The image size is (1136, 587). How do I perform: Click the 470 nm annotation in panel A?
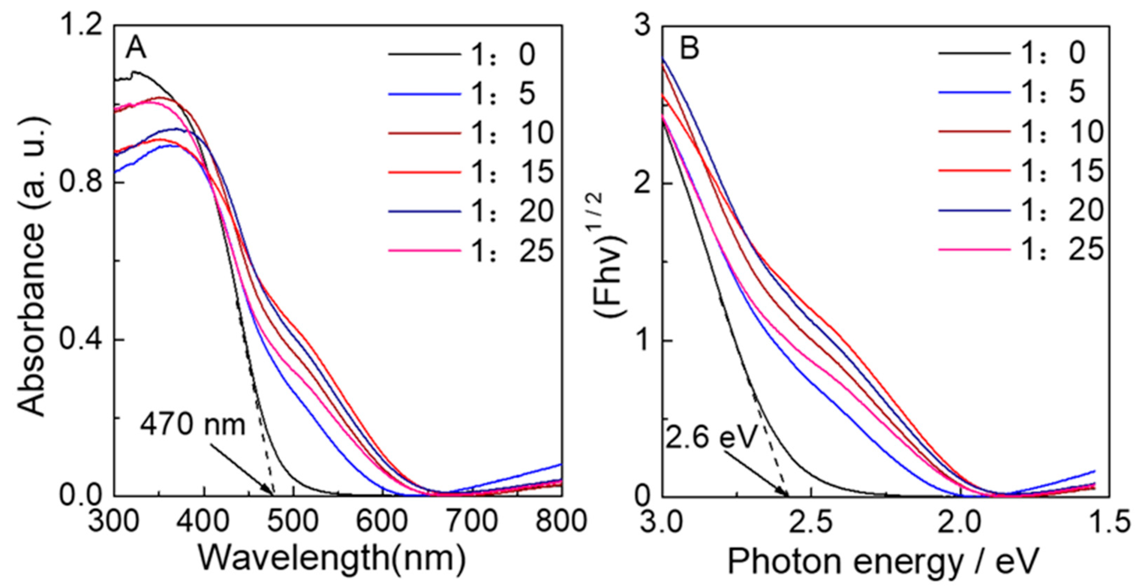[x=192, y=426]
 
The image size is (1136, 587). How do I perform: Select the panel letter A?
[x=135, y=48]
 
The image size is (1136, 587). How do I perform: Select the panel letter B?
[x=689, y=48]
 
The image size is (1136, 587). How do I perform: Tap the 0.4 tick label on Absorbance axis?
[x=82, y=340]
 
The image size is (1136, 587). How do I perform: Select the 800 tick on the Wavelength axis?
[x=561, y=522]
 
